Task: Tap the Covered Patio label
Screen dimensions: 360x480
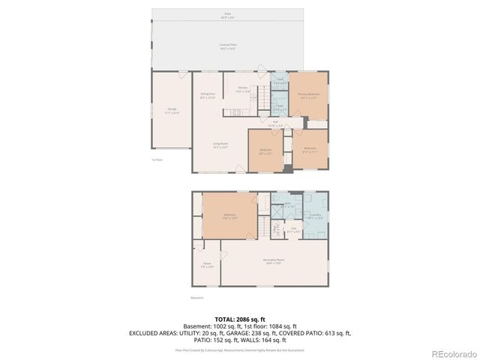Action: pyautogui.click(x=228, y=46)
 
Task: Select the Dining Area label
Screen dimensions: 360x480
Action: pyautogui.click(x=208, y=95)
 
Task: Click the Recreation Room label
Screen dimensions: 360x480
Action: pyautogui.click(x=272, y=262)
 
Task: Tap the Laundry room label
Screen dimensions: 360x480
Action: pyautogui.click(x=316, y=216)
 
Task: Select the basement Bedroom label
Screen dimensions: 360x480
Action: pyautogui.click(x=229, y=217)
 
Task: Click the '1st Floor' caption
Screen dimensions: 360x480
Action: pyautogui.click(x=157, y=159)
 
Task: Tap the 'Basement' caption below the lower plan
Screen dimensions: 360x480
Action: pyautogui.click(x=197, y=297)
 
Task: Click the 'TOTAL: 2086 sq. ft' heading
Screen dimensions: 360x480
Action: pyautogui.click(x=239, y=319)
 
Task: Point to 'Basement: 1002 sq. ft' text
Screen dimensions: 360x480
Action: pyautogui.click(x=211, y=326)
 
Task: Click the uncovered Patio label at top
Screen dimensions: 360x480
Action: pyautogui.click(x=228, y=14)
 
